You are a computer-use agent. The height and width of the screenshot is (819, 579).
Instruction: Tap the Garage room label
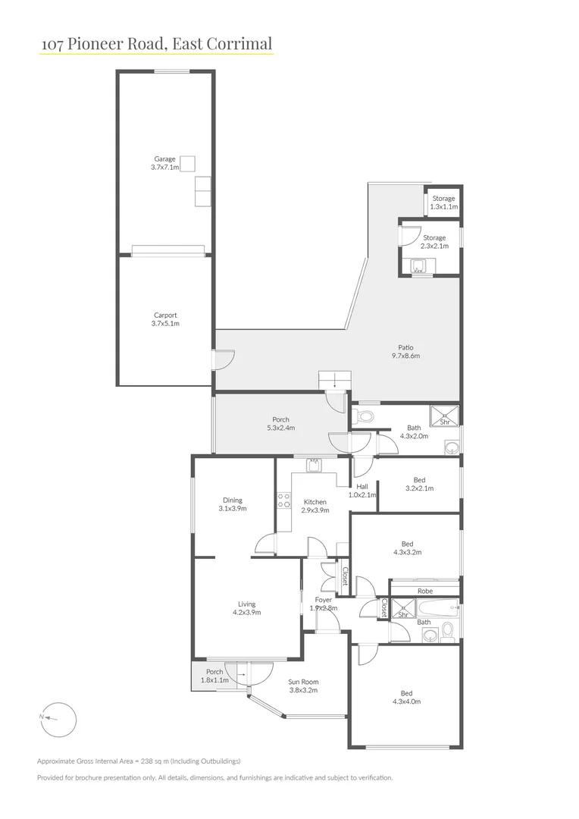[x=164, y=163]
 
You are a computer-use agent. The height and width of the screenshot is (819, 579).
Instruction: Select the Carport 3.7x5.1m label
[x=164, y=319]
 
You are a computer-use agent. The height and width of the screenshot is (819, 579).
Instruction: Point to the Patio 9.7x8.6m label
[x=405, y=351]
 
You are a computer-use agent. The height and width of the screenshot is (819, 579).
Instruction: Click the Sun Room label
[x=302, y=686]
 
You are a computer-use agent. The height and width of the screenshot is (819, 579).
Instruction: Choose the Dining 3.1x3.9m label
[x=232, y=504]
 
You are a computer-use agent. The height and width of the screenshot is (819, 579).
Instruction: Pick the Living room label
[x=246, y=608]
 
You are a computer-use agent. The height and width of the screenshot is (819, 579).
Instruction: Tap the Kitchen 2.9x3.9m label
[x=315, y=506]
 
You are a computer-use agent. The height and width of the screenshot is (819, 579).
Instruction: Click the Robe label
[x=424, y=591]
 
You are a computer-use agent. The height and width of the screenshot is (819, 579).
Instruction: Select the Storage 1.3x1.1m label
[x=443, y=202]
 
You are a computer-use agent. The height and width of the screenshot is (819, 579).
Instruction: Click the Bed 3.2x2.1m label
[x=419, y=484]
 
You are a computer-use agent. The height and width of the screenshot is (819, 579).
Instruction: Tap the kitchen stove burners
[x=285, y=500]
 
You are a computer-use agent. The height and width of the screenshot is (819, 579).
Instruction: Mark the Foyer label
[x=324, y=604]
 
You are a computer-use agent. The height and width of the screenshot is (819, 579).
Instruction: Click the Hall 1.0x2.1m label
[x=362, y=491]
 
